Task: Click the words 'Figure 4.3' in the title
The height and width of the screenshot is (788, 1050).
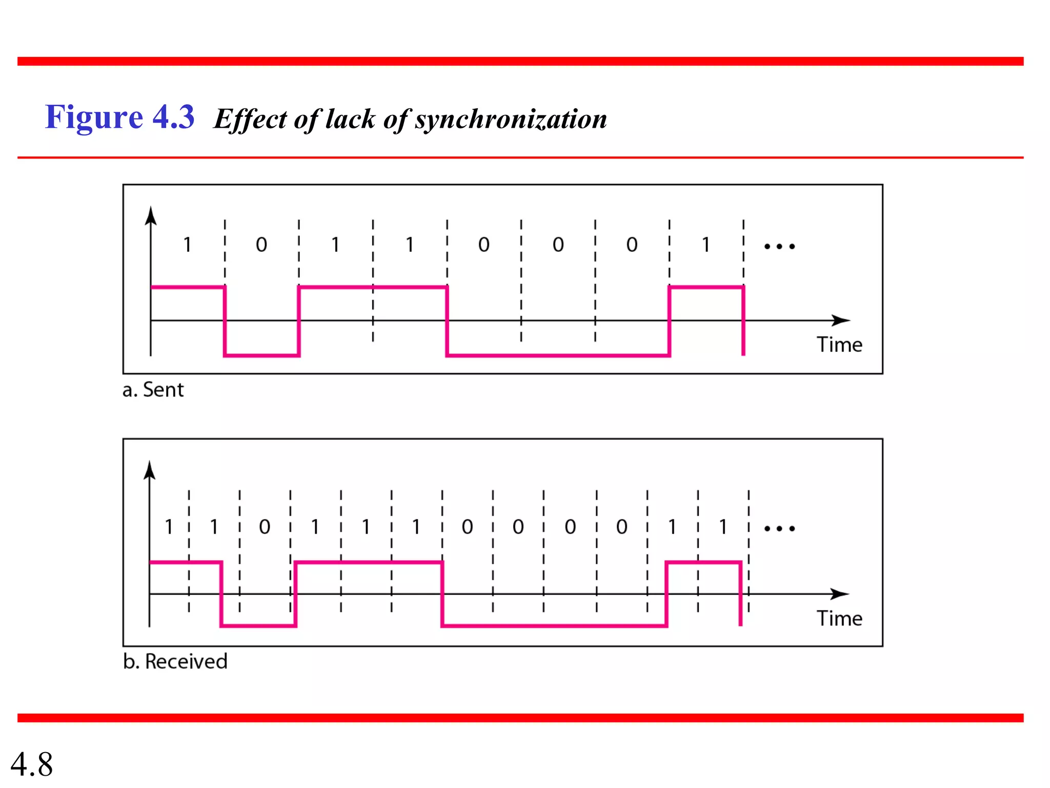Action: coord(119,117)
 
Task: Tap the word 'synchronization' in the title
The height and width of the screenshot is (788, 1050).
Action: coord(511,119)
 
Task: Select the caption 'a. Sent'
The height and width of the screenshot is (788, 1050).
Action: coord(153,390)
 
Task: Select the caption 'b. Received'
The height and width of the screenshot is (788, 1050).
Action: coord(175,661)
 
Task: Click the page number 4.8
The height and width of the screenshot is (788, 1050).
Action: coord(32,764)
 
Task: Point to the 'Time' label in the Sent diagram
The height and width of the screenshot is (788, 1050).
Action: coord(839,345)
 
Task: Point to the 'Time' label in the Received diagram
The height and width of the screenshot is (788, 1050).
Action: coord(839,618)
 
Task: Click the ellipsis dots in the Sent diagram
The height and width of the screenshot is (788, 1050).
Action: coord(779,247)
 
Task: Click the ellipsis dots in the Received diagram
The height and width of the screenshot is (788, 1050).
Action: coord(779,528)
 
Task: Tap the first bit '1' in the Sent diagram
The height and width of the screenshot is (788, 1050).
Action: coord(188,245)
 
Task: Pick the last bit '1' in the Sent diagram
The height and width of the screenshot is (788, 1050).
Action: coord(706,245)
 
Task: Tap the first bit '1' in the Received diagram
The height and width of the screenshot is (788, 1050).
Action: coord(169,527)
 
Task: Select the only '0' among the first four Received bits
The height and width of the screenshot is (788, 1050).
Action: coord(265,527)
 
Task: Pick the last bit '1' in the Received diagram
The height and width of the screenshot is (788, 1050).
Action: coord(723,527)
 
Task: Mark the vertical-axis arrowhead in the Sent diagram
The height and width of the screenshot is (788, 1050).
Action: coord(150,216)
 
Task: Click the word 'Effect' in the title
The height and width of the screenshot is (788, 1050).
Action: coord(250,120)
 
